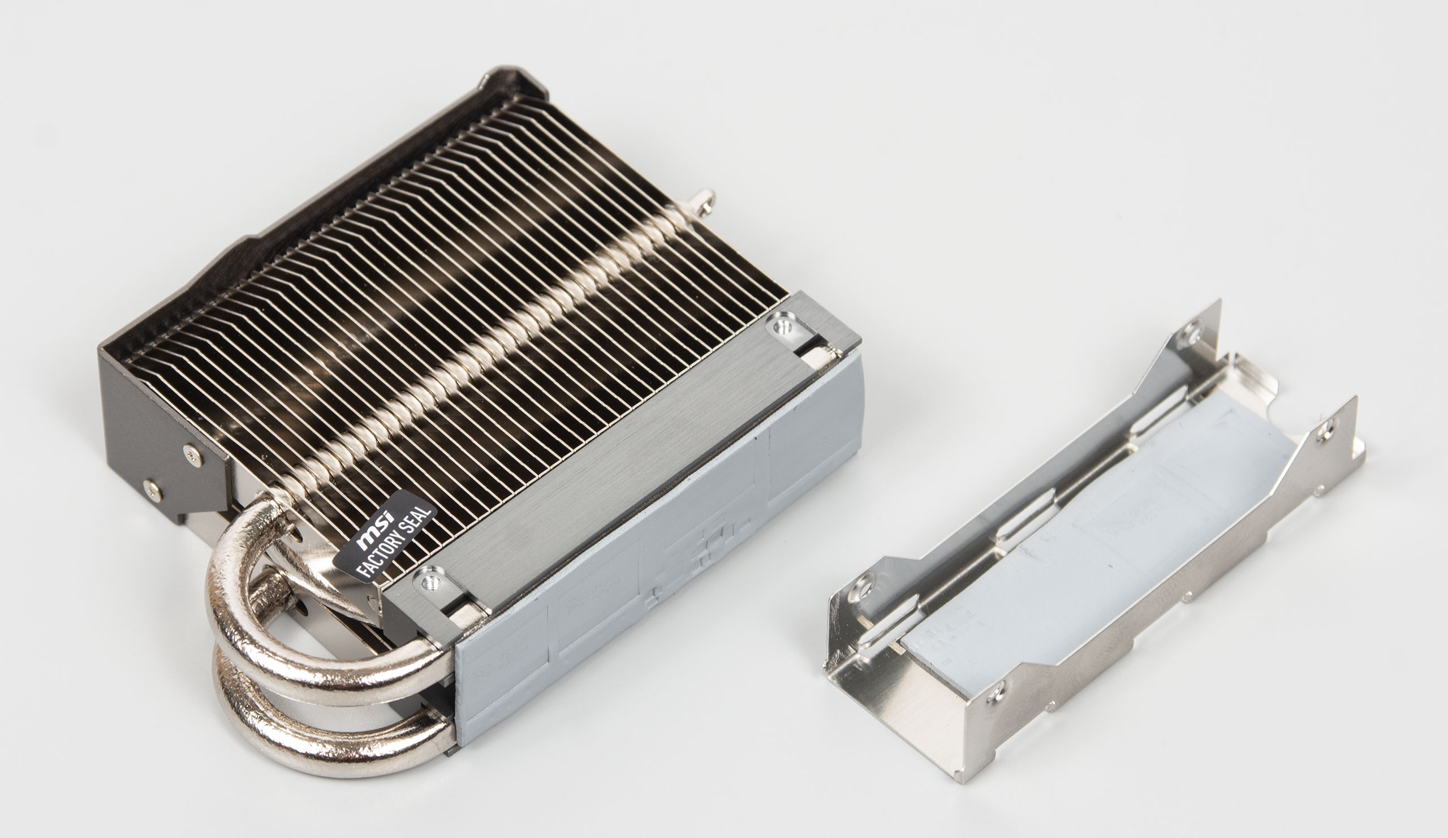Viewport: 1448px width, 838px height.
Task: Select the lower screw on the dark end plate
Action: coord(152,487)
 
